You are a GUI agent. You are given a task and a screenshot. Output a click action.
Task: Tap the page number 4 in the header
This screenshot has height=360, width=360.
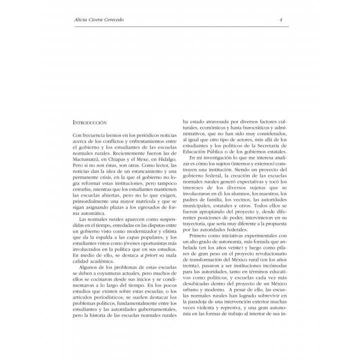tap(281, 20)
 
